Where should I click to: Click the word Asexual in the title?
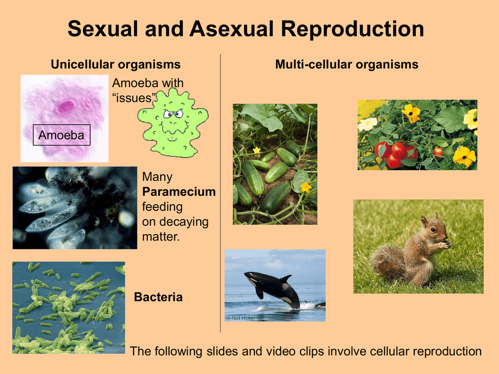point(231,29)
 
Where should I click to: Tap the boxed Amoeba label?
point(62,135)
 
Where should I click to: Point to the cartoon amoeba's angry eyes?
point(173,113)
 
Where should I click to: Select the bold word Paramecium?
point(179,192)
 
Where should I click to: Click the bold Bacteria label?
point(158,297)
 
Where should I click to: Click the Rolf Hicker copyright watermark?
point(241,318)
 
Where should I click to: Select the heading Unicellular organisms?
point(115,65)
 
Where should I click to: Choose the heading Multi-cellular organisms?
point(346,65)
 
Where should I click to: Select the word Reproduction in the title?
point(352,29)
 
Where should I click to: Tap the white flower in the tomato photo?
point(367,124)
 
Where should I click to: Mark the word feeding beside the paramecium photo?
point(162,207)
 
